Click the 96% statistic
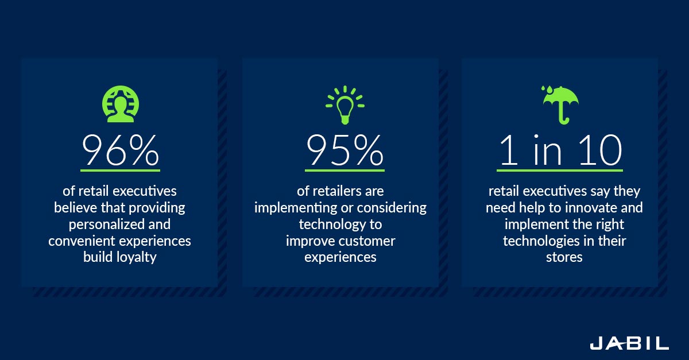(120, 150)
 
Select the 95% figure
(345, 150)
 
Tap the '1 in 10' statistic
(560, 150)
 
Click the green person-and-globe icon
(120, 104)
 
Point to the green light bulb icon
(345, 104)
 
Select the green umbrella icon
(560, 105)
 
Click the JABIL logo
(629, 343)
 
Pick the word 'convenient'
(79, 241)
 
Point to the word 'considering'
(392, 208)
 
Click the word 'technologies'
(541, 241)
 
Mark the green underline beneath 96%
(120, 170)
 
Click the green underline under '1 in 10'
(560, 170)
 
